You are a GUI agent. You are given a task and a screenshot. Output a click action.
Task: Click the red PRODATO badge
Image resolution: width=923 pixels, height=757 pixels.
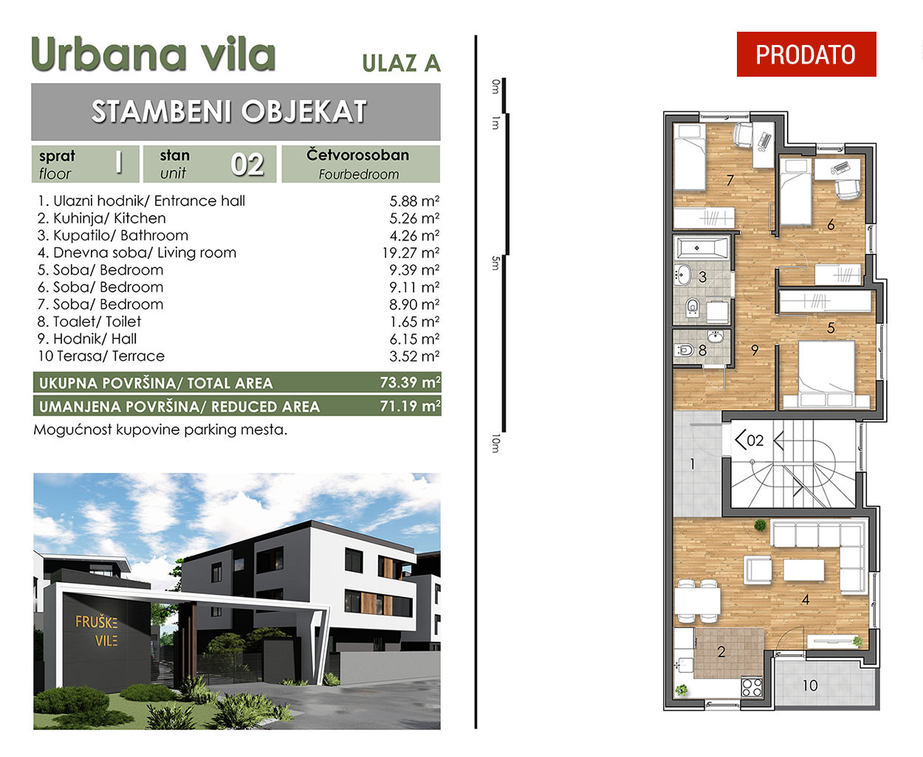click(806, 54)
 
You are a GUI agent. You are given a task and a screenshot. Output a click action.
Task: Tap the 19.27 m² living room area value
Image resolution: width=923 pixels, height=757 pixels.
click(411, 253)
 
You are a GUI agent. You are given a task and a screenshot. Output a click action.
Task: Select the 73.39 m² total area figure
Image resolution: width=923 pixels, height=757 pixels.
click(410, 383)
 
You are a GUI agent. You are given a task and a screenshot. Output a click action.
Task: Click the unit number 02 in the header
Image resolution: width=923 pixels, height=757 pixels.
click(247, 165)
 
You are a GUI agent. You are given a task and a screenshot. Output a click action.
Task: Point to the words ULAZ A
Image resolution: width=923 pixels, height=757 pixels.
click(402, 63)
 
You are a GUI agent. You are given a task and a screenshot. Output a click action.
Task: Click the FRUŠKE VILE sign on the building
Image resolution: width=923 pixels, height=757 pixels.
click(96, 631)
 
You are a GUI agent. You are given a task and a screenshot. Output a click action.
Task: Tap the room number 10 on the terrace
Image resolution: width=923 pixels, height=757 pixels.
click(809, 685)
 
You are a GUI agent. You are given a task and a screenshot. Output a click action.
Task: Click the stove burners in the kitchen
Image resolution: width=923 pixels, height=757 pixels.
click(752, 687)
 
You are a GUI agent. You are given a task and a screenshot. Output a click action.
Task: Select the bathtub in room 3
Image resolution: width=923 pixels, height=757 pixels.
click(702, 248)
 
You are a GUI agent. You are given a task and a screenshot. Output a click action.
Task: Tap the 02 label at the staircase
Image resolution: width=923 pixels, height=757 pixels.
click(755, 440)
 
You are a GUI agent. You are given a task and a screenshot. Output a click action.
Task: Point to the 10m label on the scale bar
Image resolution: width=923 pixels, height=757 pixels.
click(495, 443)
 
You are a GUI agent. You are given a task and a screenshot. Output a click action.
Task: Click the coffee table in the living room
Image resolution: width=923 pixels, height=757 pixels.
click(803, 570)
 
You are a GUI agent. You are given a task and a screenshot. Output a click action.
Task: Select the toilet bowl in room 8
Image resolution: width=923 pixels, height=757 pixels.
click(684, 350)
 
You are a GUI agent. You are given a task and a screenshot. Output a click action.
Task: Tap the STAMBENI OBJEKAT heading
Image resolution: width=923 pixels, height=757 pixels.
click(229, 111)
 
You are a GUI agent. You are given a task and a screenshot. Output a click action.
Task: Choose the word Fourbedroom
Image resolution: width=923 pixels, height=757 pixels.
click(359, 174)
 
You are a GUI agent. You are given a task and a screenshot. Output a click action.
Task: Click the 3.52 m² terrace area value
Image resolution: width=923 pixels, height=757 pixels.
click(414, 356)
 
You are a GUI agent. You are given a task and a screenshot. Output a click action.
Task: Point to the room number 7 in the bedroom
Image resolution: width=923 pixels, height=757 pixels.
click(730, 181)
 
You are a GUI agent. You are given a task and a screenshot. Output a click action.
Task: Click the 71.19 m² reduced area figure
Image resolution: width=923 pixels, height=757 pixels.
click(410, 407)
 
